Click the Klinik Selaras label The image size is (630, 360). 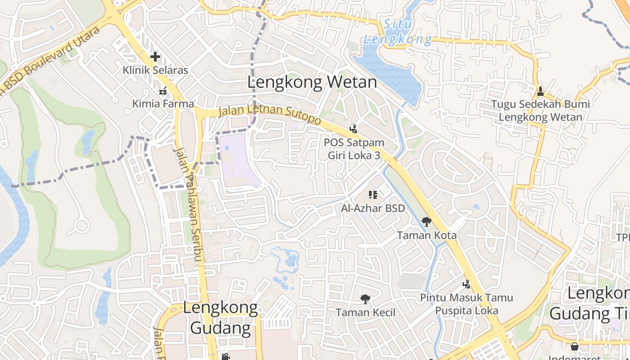[x=155, y=71]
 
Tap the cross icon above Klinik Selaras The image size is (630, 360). [x=155, y=57]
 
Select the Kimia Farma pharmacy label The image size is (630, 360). [x=163, y=103]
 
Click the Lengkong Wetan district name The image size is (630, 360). [x=312, y=82]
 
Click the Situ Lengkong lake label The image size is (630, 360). [x=398, y=32]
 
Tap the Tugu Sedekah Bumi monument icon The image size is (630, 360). [x=540, y=91]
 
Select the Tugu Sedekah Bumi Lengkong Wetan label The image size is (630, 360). [x=540, y=111]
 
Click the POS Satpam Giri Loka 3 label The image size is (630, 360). [x=354, y=149]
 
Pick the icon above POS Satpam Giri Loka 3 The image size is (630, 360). [x=354, y=130]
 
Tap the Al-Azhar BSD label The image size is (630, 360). [x=373, y=208]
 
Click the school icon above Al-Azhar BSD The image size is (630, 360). [x=373, y=195]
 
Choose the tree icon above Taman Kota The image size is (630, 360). [x=426, y=221]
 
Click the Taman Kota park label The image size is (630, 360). [x=426, y=235]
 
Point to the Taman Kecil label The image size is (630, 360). [x=365, y=312]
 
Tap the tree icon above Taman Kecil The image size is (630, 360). [x=365, y=299]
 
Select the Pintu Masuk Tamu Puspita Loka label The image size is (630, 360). [x=466, y=304]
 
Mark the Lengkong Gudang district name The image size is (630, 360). [x=220, y=318]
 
